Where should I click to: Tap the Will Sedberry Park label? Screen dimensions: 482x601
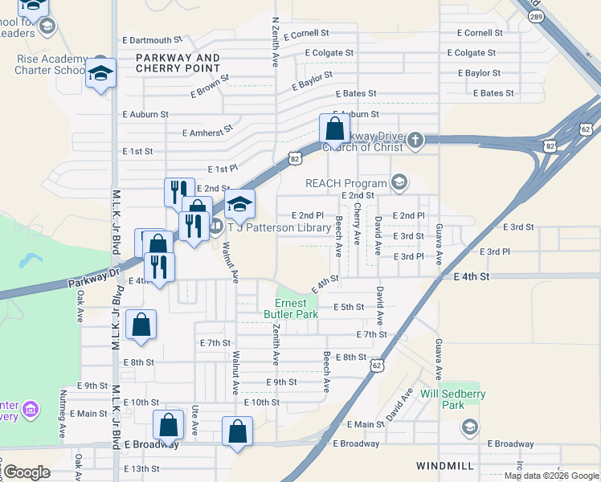453,399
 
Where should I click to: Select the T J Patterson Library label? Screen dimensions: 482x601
280,227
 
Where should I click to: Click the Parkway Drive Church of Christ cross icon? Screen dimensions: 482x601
415,141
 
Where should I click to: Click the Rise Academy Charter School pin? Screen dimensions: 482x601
100,73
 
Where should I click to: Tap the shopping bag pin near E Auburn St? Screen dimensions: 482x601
333,129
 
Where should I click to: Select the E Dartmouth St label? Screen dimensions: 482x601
153,40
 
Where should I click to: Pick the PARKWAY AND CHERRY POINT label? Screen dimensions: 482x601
178,63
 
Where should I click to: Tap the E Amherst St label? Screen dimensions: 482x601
207,130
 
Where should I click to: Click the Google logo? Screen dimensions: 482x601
27,472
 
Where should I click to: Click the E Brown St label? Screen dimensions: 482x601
210,86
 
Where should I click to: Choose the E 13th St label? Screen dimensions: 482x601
141,468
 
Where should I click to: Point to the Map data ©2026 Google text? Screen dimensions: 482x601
550,476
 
